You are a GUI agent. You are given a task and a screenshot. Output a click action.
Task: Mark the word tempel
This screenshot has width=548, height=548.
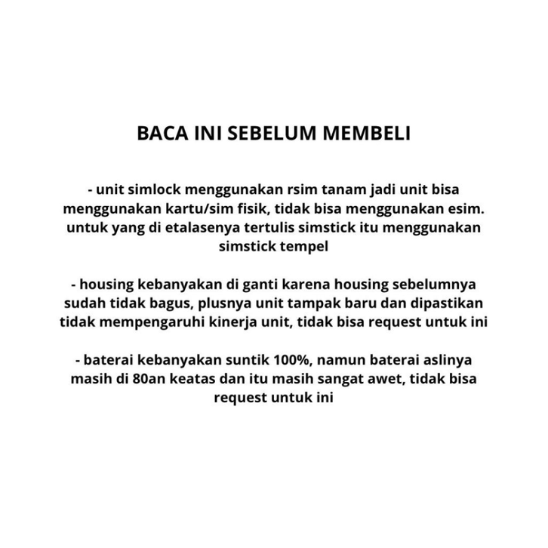pyautogui.click(x=310, y=246)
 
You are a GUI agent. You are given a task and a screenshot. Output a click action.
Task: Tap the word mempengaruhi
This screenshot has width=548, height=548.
pyautogui.click(x=141, y=325)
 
